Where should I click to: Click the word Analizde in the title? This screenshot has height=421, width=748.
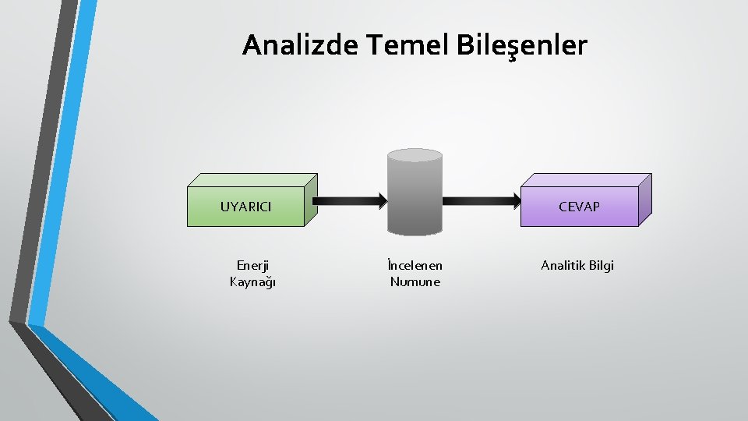[299, 45]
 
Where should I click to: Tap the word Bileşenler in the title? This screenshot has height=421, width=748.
[520, 45]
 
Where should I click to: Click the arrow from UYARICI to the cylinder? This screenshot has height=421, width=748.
[347, 200]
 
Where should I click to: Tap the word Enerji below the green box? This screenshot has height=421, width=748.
[252, 265]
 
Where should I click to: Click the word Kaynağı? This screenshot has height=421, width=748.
[252, 281]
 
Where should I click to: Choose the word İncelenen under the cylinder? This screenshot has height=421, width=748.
[415, 265]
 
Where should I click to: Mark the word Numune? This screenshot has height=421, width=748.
[415, 281]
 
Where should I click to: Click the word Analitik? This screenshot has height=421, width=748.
[562, 265]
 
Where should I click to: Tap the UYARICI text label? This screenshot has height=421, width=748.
[245, 207]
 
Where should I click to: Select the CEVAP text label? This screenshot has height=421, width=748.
[579, 207]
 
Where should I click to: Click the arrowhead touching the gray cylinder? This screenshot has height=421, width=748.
[381, 200]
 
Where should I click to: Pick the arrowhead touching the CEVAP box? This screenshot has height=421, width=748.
[515, 200]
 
